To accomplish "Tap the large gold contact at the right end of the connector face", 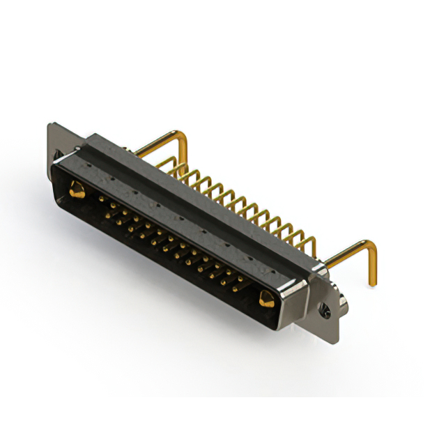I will pos(266,300).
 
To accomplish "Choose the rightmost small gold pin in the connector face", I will pos(241,279).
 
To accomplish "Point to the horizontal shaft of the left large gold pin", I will pos(157,145).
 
